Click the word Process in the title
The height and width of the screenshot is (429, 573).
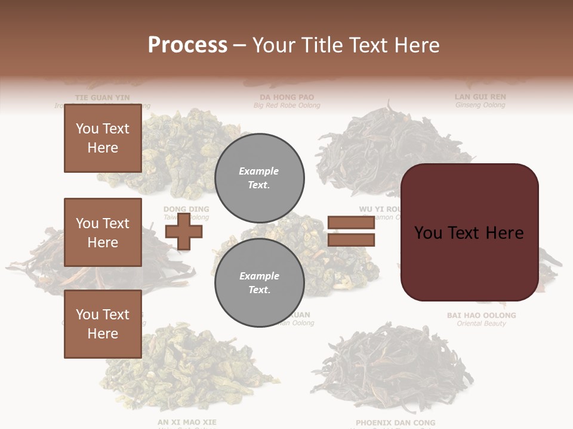pyautogui.click(x=187, y=45)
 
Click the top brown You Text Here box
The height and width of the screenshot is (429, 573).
pyautogui.click(x=103, y=138)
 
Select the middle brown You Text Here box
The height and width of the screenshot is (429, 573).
pyautogui.click(x=103, y=232)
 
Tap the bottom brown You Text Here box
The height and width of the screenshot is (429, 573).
pyautogui.click(x=103, y=324)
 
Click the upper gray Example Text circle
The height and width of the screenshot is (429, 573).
pyautogui.click(x=259, y=178)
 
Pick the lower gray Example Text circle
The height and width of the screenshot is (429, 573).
pyautogui.click(x=259, y=283)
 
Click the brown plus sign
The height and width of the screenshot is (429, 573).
pyautogui.click(x=184, y=231)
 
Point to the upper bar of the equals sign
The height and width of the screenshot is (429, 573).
pyautogui.click(x=351, y=223)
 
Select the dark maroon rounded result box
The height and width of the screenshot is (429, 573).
pyautogui.click(x=469, y=232)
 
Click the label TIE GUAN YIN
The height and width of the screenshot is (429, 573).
pyautogui.click(x=102, y=97)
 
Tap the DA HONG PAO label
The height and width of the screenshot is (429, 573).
pyautogui.click(x=286, y=97)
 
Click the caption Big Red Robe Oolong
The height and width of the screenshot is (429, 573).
pyautogui.click(x=286, y=105)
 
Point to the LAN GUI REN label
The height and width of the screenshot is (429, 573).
pyautogui.click(x=480, y=97)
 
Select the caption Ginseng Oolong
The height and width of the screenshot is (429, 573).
pyautogui.click(x=480, y=105)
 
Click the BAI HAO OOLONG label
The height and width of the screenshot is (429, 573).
pyautogui.click(x=481, y=315)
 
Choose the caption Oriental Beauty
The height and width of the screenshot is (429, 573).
pyautogui.click(x=481, y=324)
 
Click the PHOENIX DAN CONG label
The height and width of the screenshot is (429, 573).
pyautogui.click(x=395, y=422)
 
